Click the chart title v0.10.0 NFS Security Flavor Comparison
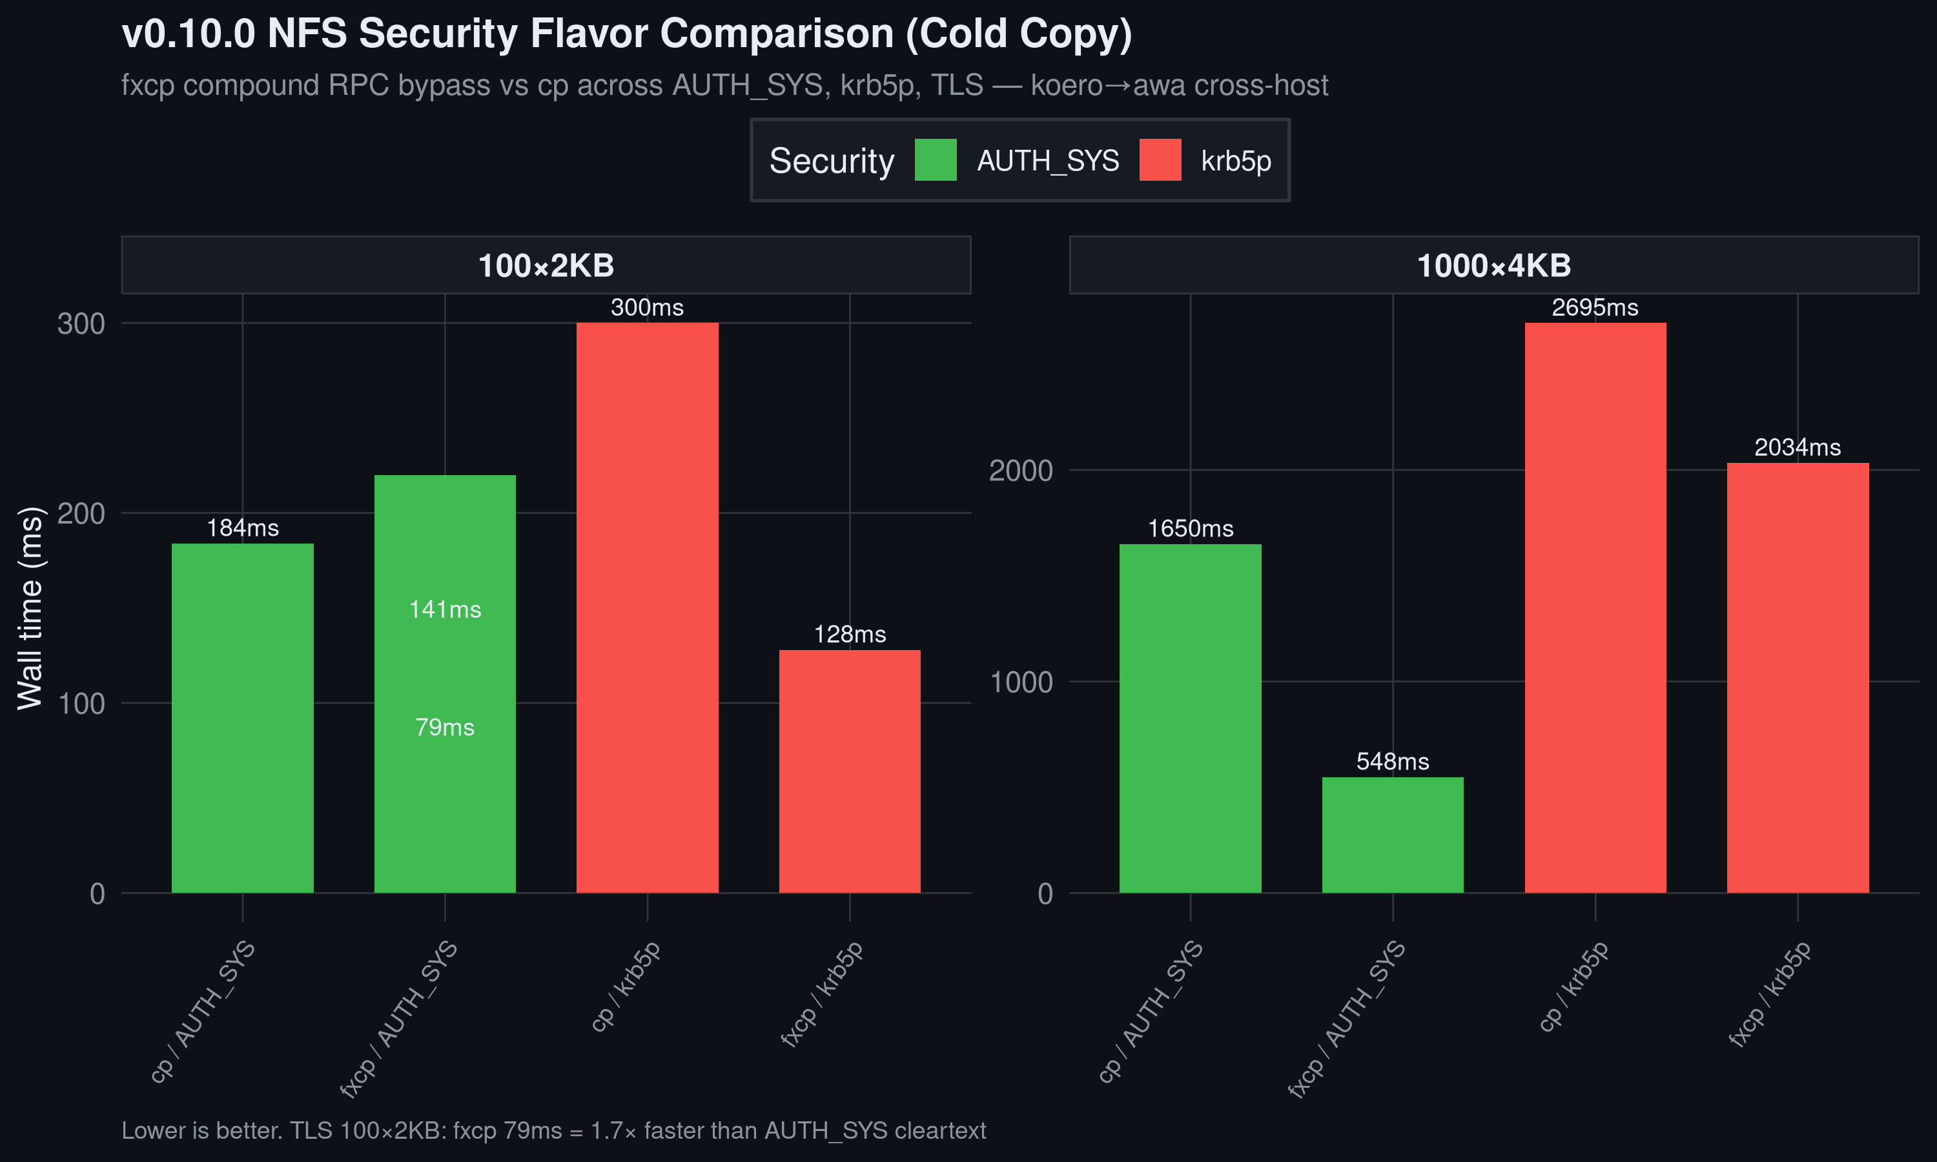(x=626, y=34)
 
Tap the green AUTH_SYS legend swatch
(x=936, y=159)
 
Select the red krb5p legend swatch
(x=1160, y=159)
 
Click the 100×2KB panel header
(x=546, y=265)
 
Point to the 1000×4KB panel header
(x=1494, y=265)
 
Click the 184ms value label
(x=243, y=528)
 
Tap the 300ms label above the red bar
(x=647, y=307)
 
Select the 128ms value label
(x=850, y=633)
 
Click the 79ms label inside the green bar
(x=445, y=728)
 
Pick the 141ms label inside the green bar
(x=445, y=609)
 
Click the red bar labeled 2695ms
(x=1595, y=607)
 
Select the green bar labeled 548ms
(x=1392, y=835)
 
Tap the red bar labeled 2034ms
(x=1798, y=677)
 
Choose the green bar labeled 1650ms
(x=1190, y=718)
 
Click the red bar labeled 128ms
(x=850, y=771)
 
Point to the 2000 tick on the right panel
(x=1020, y=471)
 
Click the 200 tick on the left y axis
(x=81, y=514)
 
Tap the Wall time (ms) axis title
(x=30, y=608)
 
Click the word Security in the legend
(x=832, y=161)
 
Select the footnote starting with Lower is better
(x=553, y=1130)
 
